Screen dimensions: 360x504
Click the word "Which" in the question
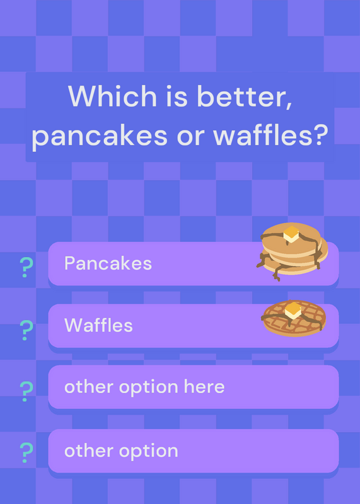coord(112,96)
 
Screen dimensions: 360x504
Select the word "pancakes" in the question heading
coord(100,135)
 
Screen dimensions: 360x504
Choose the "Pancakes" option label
coord(108,263)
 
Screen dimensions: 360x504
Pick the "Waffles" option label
coord(98,325)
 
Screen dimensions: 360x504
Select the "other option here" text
coord(144,387)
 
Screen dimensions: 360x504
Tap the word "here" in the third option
coord(204,386)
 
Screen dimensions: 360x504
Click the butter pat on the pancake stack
coord(291,234)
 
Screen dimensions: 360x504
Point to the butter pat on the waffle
coord(293,311)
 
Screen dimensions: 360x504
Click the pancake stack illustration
coord(292,251)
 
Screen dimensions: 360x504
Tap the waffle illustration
coord(294,318)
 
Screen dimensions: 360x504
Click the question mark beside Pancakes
coord(26,267)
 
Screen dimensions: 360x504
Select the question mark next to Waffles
coord(26,330)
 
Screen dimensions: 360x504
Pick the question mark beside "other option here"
coord(26,391)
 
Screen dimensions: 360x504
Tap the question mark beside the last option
coord(26,452)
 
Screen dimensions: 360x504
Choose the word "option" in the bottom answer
coord(149,451)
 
